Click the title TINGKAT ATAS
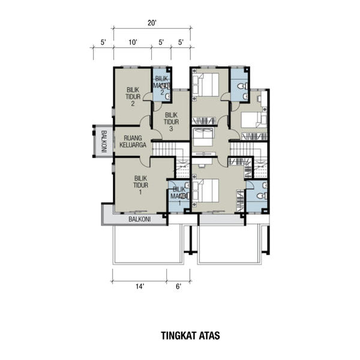tap(190, 335)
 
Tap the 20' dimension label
tap(152, 23)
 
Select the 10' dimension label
tap(133, 43)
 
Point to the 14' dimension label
tap(140, 287)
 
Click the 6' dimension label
tap(179, 287)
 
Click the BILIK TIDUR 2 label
tap(133, 97)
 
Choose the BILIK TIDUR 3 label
tap(171, 122)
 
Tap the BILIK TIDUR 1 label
tap(141, 185)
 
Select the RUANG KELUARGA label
tap(133, 142)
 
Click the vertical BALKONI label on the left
tap(104, 142)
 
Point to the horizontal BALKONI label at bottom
tap(140, 219)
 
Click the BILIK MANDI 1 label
tap(179, 196)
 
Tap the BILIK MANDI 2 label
tap(162, 85)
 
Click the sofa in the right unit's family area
tap(203, 137)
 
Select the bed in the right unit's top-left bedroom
tap(206, 85)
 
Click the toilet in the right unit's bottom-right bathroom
tap(262, 196)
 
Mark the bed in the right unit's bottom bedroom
tap(206, 191)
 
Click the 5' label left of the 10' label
tap(103, 43)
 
